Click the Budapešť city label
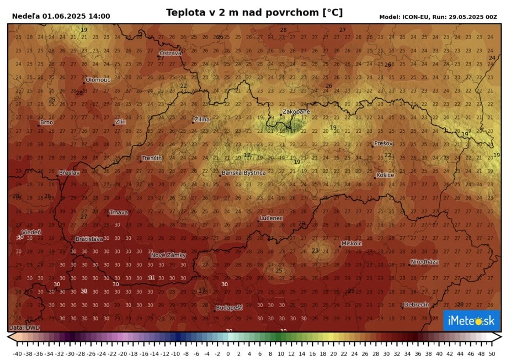click(229, 308)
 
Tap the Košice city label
click(385, 175)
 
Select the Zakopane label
click(296, 111)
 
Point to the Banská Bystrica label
click(243, 173)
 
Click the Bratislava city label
click(89, 239)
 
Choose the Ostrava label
click(170, 53)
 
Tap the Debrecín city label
click(416, 304)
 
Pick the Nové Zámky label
click(168, 255)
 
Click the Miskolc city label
click(351, 243)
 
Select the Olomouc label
click(98, 80)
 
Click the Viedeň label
click(31, 232)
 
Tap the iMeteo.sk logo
click(471, 320)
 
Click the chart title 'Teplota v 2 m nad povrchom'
click(254, 12)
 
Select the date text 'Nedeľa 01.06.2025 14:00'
click(61, 17)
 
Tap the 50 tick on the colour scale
click(491, 354)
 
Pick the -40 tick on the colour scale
click(17, 354)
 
